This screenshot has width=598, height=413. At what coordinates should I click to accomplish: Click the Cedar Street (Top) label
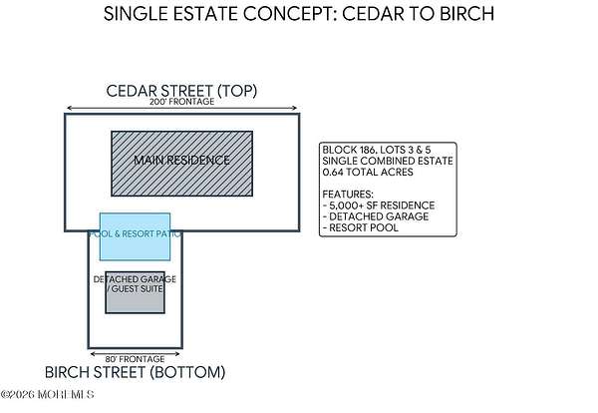pyautogui.click(x=182, y=91)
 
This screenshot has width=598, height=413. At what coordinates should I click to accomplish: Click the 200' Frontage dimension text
pyautogui.click(x=182, y=103)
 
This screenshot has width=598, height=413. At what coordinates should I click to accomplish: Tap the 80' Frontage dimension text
pyautogui.click(x=135, y=356)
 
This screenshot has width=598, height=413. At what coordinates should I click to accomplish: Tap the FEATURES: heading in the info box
pyautogui.click(x=349, y=194)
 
